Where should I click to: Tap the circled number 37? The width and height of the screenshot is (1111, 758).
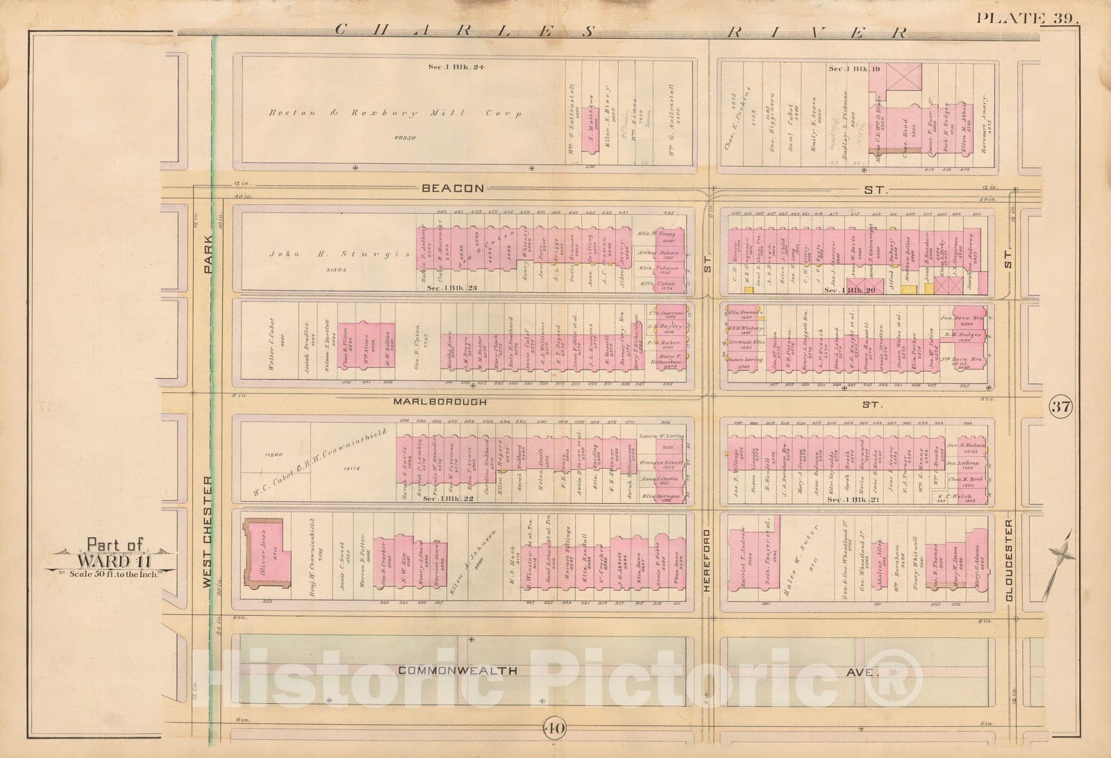tap(1060, 407)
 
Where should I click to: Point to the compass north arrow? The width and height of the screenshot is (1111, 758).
tap(1060, 555)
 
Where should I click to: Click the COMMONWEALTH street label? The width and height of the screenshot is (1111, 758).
tap(458, 671)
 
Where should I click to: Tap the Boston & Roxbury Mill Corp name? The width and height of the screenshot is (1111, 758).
tap(395, 113)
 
